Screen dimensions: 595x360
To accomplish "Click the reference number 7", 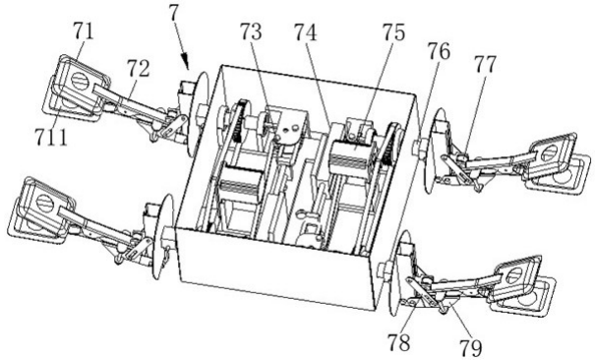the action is point(174,14).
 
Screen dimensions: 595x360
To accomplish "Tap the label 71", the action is point(84,31).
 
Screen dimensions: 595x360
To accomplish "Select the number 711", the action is point(51,137).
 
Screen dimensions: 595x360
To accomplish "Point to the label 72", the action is point(138,69).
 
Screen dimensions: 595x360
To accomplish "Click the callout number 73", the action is point(251,31).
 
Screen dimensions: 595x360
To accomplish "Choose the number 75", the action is point(393,31).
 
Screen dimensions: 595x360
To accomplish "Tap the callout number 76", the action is point(439,51).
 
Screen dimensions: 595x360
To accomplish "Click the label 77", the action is point(485,65).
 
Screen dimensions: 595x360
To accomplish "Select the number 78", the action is point(399,342).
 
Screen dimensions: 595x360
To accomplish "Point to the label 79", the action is point(471,348).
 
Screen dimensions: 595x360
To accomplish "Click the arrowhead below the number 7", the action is point(186,61).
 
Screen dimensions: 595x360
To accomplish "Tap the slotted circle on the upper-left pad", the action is point(80,82).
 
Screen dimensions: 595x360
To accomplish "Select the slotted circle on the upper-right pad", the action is point(549,153).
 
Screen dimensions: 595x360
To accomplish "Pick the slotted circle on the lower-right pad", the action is point(514,275).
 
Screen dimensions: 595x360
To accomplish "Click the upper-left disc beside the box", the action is point(198,113).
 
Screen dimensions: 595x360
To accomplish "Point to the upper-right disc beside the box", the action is point(434,150).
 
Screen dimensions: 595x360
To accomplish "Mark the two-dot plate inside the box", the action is point(291,130).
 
